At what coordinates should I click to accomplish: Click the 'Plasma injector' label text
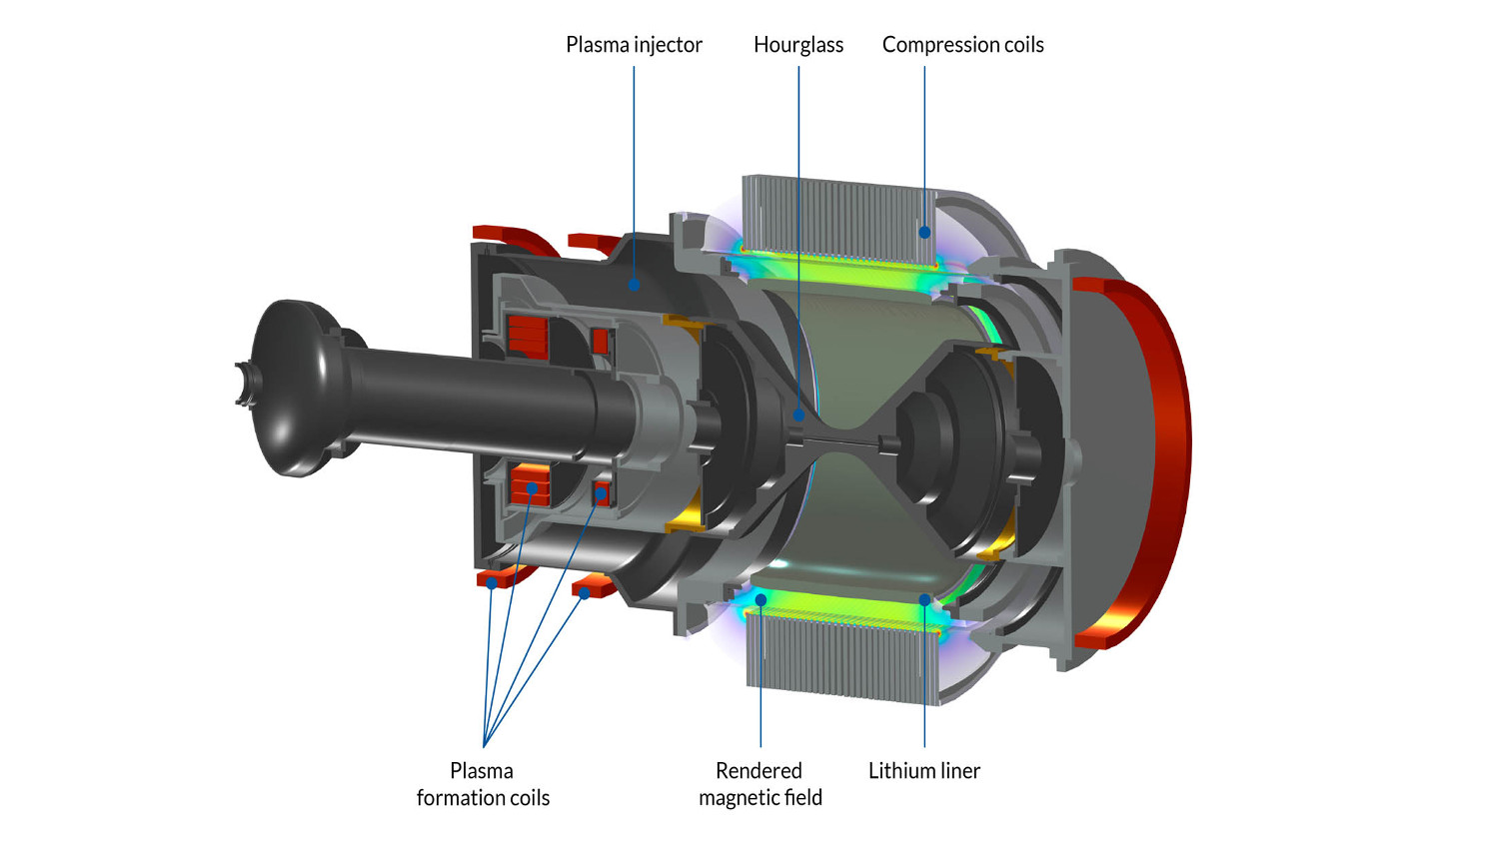634,45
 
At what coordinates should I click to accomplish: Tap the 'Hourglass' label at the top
797,45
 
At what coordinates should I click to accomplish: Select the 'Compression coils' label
962,45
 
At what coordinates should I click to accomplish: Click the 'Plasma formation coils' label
483,784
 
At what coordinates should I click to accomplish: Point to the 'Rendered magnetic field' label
759,784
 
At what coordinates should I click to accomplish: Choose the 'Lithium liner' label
923,771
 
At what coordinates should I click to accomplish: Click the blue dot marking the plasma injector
634,285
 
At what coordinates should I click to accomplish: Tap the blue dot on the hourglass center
798,415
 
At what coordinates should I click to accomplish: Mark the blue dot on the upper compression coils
924,232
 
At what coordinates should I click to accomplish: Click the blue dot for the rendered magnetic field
760,600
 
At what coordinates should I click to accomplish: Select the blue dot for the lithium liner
924,600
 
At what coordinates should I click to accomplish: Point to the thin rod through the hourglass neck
839,440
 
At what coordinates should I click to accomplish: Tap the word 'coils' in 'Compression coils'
1019,45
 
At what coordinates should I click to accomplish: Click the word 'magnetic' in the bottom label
745,797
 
